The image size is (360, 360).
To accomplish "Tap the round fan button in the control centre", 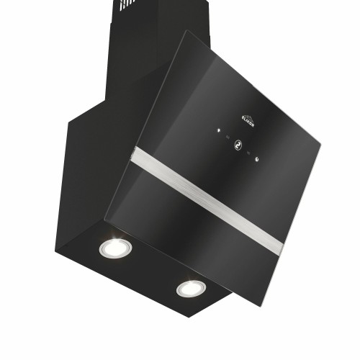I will [236, 145].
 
